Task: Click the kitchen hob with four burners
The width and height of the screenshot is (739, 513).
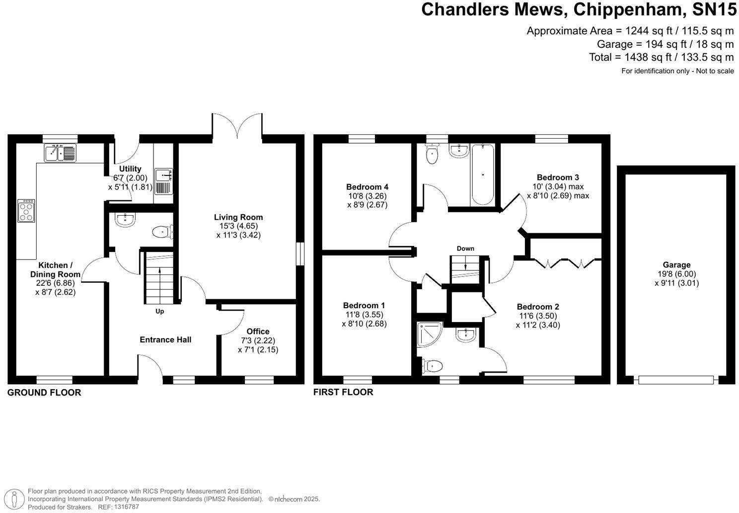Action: pos(26,211)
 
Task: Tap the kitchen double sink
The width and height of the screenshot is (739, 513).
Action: pos(60,153)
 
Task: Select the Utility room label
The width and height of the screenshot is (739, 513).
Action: pos(130,169)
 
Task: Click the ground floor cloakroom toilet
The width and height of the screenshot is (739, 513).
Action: pos(162,232)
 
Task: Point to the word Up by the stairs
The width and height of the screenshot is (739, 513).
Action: pos(160,311)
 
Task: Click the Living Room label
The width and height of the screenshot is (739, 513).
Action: pos(238,217)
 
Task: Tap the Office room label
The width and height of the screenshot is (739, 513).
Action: pos(258,332)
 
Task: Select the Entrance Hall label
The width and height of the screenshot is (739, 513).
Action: pos(165,340)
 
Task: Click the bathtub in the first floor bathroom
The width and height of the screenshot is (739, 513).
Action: pos(483,174)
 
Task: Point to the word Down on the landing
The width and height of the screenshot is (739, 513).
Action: pos(465,249)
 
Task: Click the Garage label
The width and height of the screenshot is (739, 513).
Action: pos(676,265)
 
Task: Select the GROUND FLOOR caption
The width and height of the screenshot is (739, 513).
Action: pos(44,393)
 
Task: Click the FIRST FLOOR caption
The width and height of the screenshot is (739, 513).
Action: pos(343,392)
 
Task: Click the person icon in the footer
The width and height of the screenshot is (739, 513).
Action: pos(14,499)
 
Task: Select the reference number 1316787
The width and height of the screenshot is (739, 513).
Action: pos(126,507)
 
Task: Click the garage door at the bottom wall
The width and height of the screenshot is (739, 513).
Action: pos(676,380)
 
